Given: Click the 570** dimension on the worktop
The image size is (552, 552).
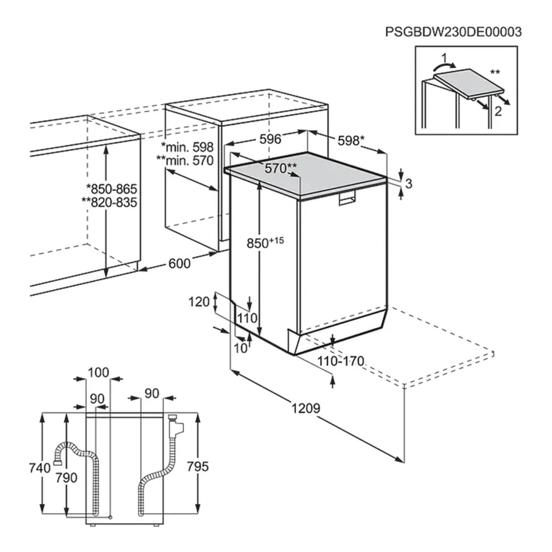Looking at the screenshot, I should pyautogui.click(x=281, y=168).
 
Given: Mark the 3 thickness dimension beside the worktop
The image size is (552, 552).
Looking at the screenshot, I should pyautogui.click(x=409, y=184).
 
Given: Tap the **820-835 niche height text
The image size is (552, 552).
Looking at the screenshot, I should pyautogui.click(x=109, y=203).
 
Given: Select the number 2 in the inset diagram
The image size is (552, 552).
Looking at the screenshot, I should pyautogui.click(x=496, y=111).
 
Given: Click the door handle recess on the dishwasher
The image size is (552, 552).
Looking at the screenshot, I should pyautogui.click(x=347, y=200).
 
